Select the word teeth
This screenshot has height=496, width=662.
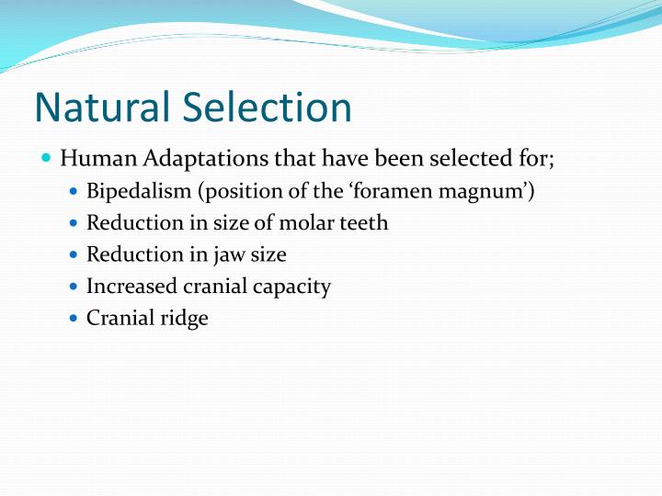[365, 222]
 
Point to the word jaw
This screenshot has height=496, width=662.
[223, 255]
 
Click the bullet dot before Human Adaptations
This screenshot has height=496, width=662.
[47, 158]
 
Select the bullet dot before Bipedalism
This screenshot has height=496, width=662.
[74, 191]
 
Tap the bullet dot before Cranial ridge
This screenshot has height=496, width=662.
[74, 319]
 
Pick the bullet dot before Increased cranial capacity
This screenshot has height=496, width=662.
[74, 287]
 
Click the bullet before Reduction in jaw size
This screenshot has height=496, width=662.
[74, 254]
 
